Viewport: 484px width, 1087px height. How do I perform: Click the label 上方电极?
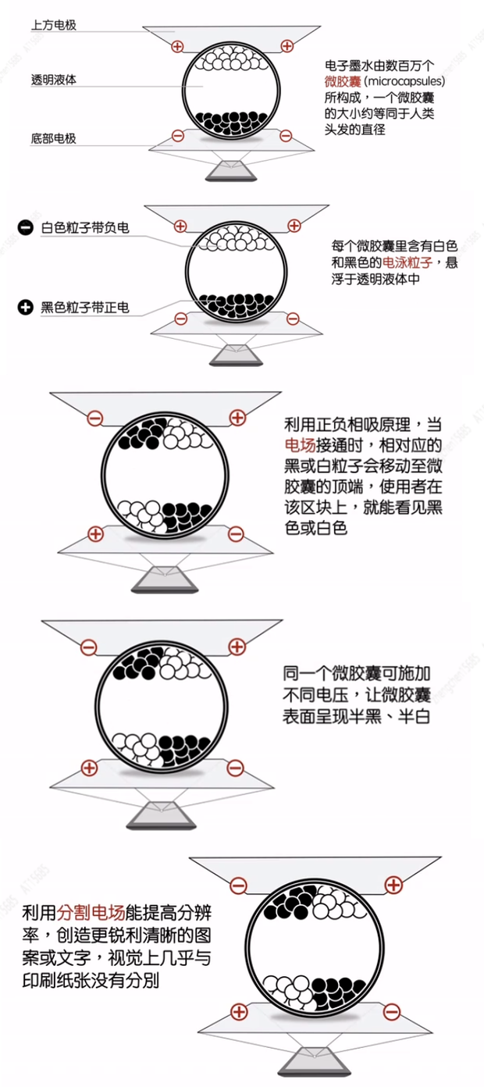[x=53, y=25]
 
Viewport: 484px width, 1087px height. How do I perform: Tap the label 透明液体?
[x=53, y=80]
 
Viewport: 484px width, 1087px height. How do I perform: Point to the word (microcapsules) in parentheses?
[x=404, y=81]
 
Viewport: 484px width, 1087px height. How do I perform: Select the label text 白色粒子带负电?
[x=85, y=227]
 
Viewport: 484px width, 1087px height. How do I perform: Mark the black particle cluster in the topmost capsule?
[x=232, y=120]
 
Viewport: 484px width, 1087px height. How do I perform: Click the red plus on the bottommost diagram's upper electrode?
[x=394, y=885]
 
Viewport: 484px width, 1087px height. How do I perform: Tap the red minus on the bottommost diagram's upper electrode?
[x=239, y=885]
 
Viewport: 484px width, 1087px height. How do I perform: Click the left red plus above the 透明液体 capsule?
[x=178, y=46]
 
